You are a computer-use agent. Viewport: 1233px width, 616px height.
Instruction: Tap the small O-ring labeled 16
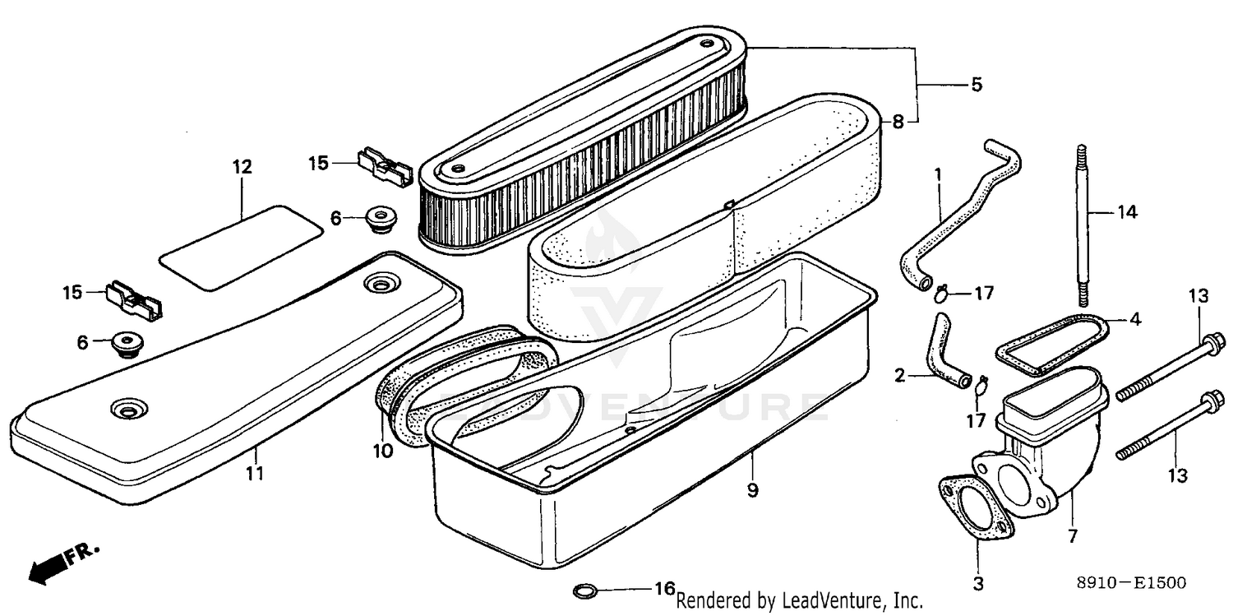(584, 591)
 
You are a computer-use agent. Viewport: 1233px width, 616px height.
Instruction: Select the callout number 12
(242, 167)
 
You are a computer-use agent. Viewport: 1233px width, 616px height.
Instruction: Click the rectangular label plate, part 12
(241, 248)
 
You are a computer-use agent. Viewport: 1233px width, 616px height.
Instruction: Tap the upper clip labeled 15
(386, 167)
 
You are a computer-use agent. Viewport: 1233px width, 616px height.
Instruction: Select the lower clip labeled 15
(134, 300)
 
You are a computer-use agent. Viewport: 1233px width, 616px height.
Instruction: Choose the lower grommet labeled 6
(126, 344)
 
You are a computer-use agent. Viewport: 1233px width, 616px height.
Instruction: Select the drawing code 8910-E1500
(1132, 583)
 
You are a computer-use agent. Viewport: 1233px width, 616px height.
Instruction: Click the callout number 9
(752, 490)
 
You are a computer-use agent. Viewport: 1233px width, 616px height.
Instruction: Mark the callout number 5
(977, 85)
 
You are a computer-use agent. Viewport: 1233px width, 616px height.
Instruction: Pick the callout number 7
(1073, 535)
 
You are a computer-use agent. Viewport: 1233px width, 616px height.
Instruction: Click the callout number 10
(383, 451)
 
